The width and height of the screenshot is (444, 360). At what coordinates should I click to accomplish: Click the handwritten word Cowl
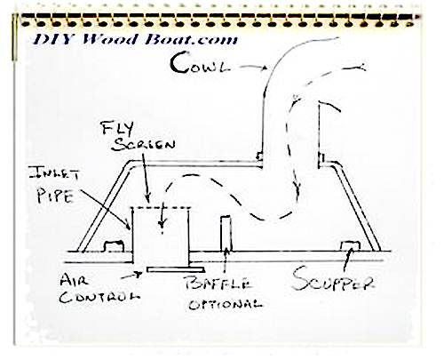point(200,63)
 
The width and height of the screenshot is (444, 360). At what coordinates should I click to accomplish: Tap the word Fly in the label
point(117,128)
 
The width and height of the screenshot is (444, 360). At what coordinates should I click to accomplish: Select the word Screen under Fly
point(144,144)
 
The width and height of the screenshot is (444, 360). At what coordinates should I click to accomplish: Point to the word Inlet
point(54,173)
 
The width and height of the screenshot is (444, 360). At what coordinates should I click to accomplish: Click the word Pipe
point(55,196)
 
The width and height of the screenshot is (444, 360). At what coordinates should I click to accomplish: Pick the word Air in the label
point(74,279)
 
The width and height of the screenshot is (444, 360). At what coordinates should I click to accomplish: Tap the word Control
point(99,297)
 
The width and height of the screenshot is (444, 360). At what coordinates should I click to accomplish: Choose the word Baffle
point(218,284)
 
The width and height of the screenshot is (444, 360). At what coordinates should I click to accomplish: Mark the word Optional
point(226,304)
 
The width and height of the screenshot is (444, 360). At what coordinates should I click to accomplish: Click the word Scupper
point(333,279)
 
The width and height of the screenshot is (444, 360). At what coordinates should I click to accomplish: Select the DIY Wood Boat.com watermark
point(135,39)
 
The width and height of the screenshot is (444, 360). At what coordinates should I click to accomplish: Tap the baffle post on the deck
point(226,234)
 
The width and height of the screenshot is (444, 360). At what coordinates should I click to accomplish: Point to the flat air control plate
point(176,269)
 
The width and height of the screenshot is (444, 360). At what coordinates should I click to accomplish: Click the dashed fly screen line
point(161,207)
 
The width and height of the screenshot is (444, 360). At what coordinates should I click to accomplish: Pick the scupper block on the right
point(350,246)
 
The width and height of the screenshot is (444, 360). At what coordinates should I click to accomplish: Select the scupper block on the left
point(114,246)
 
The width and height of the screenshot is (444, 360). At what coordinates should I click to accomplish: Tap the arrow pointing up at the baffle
point(226,260)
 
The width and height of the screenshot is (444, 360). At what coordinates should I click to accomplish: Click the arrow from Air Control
point(131,276)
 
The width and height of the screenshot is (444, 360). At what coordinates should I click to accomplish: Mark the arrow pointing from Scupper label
point(347,260)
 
